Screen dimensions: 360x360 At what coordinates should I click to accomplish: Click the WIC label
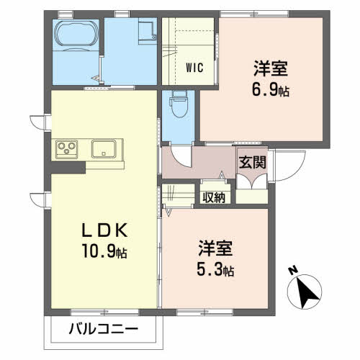tap(194, 68)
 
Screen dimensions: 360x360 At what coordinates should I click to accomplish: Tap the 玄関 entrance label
tap(253, 163)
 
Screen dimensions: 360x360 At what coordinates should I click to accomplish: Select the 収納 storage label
tap(214, 195)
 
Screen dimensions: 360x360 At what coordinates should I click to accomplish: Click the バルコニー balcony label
tap(104, 330)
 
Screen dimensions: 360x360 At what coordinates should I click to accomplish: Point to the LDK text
tap(104, 233)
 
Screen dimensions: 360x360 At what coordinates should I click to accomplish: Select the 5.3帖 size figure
tap(216, 271)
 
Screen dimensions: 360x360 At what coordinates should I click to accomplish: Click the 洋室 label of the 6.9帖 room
tap(270, 70)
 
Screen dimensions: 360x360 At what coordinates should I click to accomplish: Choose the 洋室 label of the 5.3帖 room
tap(216, 250)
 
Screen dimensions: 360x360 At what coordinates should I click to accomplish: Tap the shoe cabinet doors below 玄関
tap(252, 190)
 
